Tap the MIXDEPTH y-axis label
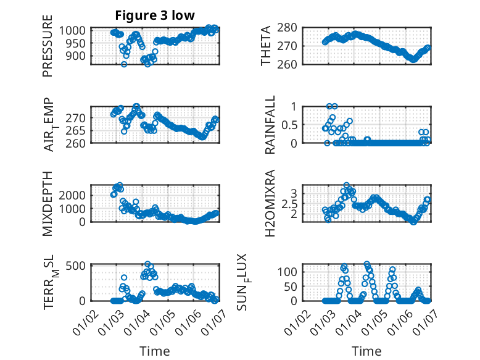[48, 203]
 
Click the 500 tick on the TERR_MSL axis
[79, 266]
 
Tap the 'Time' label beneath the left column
[154, 351]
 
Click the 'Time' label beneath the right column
[366, 351]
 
